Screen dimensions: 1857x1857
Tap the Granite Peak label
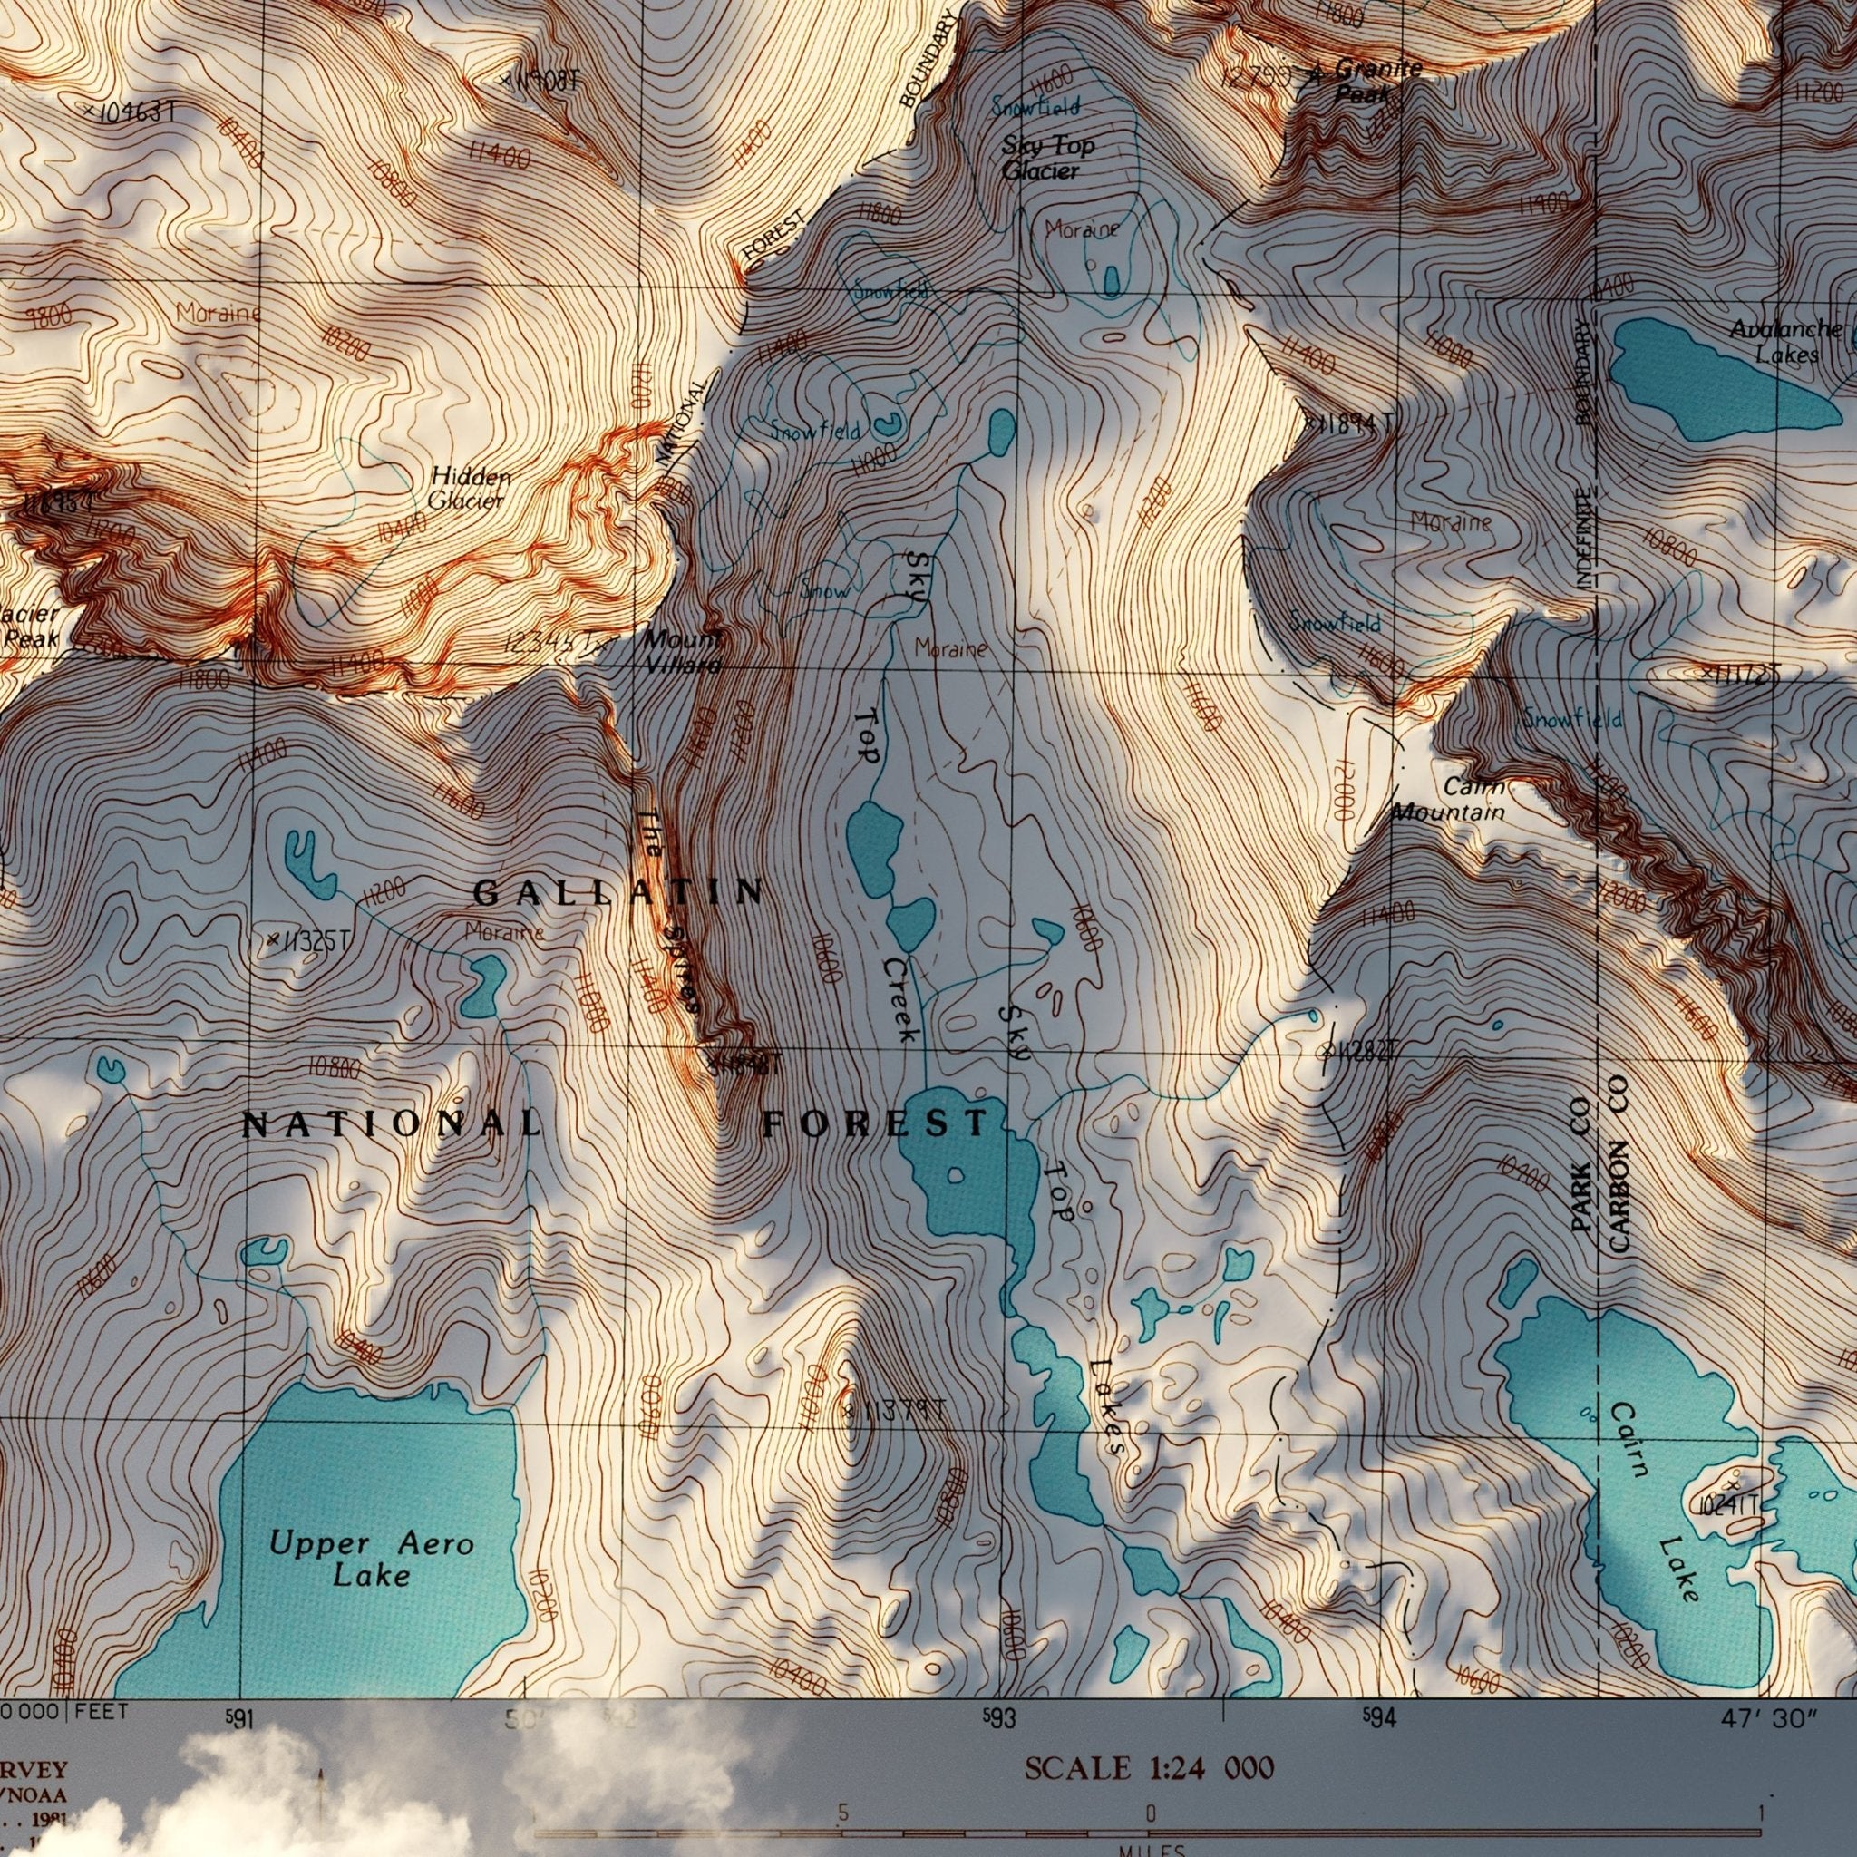pyautogui.click(x=1371, y=81)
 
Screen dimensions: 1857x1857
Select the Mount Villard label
pyautogui.click(x=682, y=651)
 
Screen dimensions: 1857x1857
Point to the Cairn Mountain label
pyautogui.click(x=1451, y=800)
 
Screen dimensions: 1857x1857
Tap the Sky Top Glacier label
pyautogui.click(x=1045, y=159)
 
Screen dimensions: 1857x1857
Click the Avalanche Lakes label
pyautogui.click(x=1786, y=341)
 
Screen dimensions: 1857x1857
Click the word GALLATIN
pyautogui.click(x=620, y=892)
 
